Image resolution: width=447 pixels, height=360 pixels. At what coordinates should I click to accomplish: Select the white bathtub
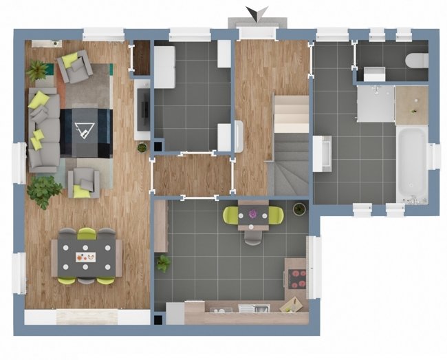(x=412, y=164)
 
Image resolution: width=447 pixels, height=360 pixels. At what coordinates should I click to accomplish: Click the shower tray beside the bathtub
(x=375, y=103)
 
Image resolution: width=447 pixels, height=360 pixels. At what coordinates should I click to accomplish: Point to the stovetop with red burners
(x=296, y=277)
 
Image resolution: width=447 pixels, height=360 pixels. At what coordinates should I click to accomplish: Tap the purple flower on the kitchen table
(x=253, y=215)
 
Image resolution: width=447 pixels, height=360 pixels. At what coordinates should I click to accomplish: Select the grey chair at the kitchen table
(x=253, y=237)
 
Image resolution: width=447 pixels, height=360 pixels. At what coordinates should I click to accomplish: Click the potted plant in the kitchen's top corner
(x=299, y=209)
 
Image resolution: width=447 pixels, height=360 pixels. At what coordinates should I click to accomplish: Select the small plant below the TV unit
(x=142, y=147)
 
